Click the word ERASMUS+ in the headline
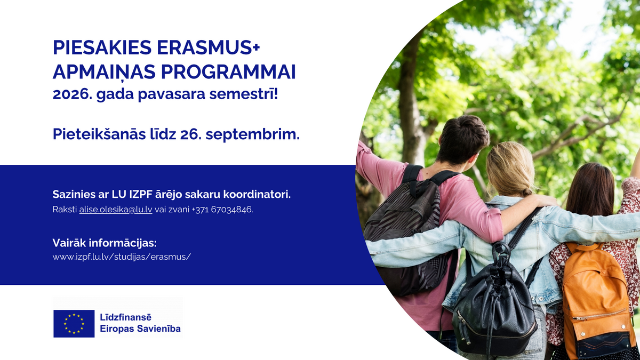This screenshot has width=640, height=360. [209, 47]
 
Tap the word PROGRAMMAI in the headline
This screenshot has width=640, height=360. [228, 71]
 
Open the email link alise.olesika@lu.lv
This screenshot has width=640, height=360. [116, 210]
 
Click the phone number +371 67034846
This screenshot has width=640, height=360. [222, 210]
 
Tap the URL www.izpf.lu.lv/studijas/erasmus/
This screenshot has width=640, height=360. [122, 257]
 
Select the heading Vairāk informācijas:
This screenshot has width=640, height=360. [105, 243]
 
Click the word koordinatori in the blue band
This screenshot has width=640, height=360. [257, 194]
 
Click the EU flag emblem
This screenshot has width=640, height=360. [74, 323]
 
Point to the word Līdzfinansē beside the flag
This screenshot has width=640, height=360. [125, 317]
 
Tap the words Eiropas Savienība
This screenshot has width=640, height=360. [140, 329]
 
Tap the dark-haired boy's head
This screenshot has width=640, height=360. [463, 140]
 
